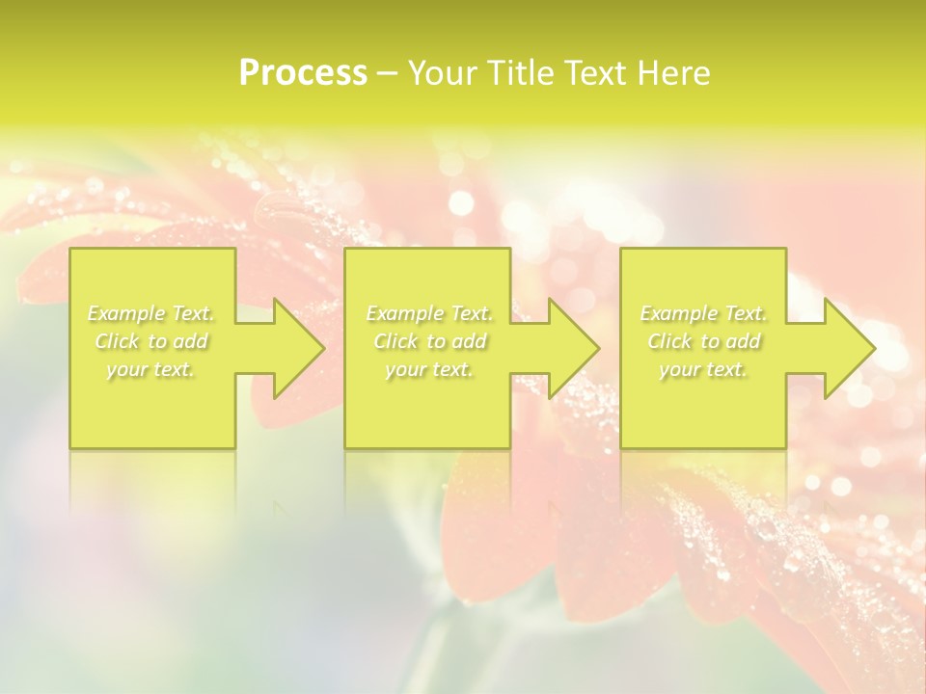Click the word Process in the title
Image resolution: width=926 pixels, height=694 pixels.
303,73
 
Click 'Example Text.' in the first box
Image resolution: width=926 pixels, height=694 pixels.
151,313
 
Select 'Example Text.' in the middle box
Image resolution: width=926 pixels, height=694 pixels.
429,313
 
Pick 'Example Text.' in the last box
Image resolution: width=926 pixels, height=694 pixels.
703,313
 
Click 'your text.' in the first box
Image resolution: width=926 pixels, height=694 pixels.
150,369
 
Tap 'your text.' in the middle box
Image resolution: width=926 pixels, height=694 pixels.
428,369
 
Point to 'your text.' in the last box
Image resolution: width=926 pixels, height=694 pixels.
703,369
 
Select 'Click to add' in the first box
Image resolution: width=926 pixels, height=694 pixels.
151,341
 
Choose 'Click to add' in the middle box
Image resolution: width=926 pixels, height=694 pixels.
429,341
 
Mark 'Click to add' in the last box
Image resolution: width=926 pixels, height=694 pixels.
704,341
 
